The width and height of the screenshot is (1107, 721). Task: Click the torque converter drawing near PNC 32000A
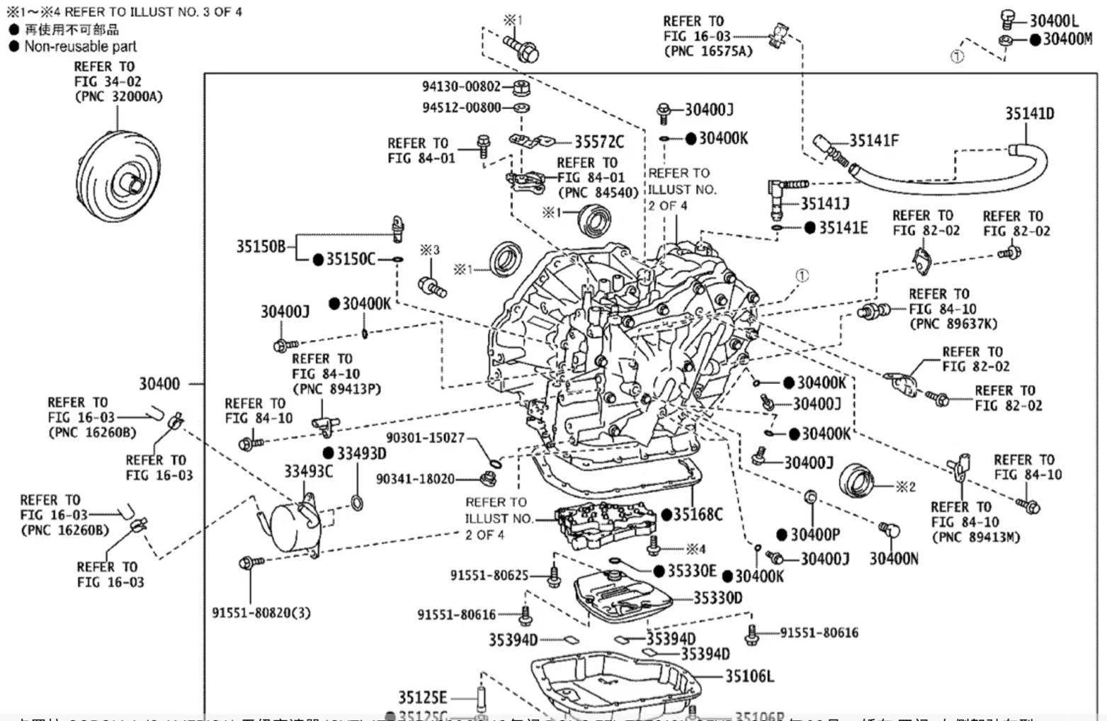coord(119,173)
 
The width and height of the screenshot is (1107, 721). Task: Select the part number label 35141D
coord(1029,113)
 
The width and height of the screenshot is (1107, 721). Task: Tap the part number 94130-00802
coord(461,86)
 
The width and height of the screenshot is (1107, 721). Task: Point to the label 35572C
coord(599,142)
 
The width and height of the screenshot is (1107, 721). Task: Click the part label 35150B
coord(261,246)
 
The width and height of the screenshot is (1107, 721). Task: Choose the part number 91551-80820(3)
coord(261,612)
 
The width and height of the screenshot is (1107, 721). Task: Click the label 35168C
coord(698,514)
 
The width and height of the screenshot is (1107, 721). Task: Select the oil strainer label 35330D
coord(717,598)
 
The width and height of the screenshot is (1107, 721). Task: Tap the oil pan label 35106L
coord(749,676)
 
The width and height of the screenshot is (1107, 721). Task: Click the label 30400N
coord(894,559)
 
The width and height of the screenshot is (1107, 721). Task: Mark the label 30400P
coord(815,535)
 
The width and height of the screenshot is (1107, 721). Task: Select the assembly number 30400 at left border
coord(159,384)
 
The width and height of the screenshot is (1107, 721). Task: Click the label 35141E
coord(843,227)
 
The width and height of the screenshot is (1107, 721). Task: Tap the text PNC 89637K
coord(953,324)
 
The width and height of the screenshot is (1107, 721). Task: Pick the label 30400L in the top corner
coord(1054,21)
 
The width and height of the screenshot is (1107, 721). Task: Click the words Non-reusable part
coord(80,47)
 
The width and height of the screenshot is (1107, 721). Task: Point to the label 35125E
coord(422,698)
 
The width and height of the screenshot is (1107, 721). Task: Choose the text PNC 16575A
coord(708,51)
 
